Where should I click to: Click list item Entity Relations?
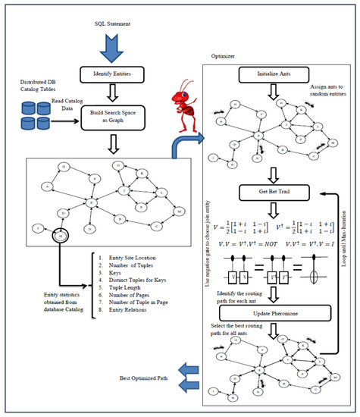(x=142, y=318)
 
